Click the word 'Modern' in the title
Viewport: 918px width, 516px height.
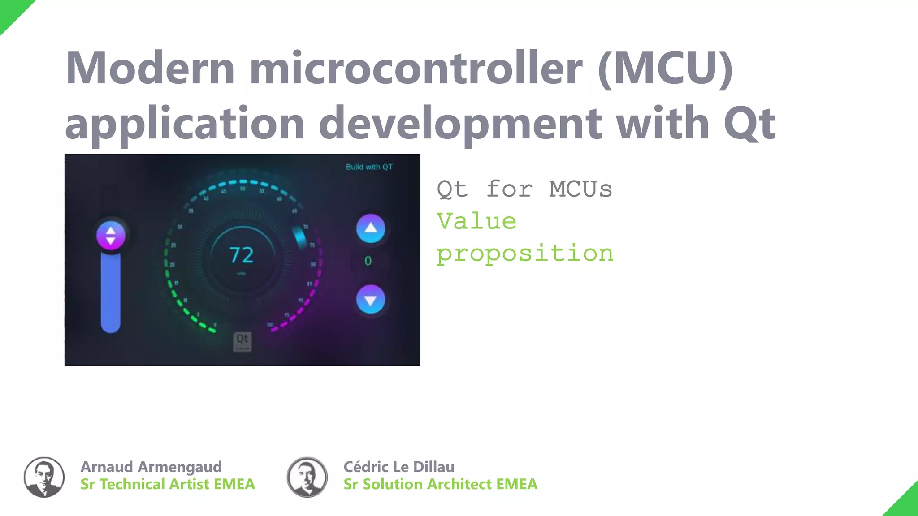[x=150, y=68]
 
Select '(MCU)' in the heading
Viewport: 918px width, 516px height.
[x=665, y=68]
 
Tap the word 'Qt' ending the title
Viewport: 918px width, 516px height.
[x=749, y=123]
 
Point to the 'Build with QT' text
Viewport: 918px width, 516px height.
[x=369, y=167]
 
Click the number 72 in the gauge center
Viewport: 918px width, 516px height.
[x=242, y=255]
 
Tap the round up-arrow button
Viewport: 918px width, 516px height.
[x=370, y=228]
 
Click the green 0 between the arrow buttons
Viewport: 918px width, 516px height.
[x=368, y=261]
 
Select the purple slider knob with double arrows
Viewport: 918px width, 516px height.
[x=111, y=236]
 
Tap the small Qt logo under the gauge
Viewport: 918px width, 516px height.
[x=242, y=341]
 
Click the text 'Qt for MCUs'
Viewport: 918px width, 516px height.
[x=524, y=189]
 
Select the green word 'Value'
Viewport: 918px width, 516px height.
[x=476, y=221]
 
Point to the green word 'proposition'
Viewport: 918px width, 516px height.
[x=525, y=254]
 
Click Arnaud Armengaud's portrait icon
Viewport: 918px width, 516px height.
[x=44, y=477]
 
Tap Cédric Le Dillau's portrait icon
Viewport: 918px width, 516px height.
[x=307, y=477]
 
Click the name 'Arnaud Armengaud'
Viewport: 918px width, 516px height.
[x=151, y=467]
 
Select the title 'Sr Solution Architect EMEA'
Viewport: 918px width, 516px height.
[x=440, y=484]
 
